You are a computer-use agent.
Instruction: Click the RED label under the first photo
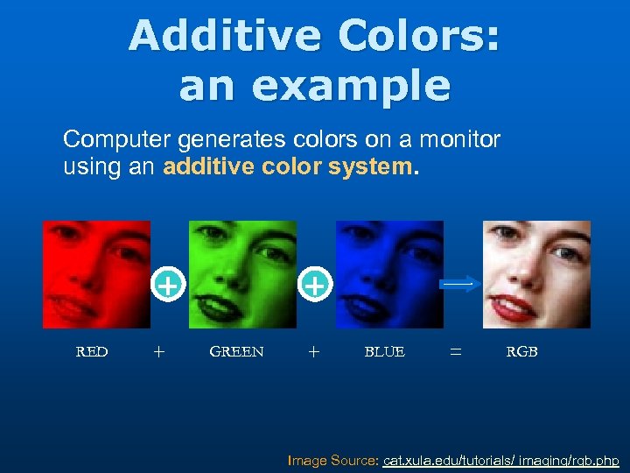tap(92, 352)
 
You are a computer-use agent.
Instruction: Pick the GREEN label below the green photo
tap(236, 352)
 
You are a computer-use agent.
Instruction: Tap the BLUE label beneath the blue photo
tap(384, 352)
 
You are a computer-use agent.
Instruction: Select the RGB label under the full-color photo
tap(521, 352)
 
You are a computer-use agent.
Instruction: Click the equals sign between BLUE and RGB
tap(455, 352)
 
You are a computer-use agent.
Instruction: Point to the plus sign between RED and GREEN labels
tap(157, 352)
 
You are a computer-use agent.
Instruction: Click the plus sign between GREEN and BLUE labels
tap(314, 352)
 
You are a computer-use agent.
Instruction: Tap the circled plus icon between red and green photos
tap(169, 285)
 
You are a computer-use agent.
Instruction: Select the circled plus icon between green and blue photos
tap(317, 285)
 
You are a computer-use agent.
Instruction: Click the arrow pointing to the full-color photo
tap(458, 285)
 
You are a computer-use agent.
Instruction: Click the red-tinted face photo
tap(96, 273)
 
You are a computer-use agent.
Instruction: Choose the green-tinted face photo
tap(242, 273)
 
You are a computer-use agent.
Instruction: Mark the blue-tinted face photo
tap(389, 273)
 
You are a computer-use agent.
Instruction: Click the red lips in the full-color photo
tap(514, 308)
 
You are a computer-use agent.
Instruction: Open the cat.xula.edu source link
tap(501, 460)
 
